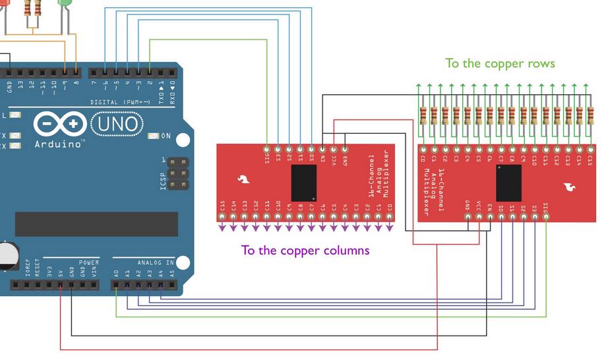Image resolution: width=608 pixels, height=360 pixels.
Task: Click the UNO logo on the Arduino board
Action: [x=117, y=123]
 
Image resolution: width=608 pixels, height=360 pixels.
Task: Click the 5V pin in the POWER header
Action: [x=61, y=285]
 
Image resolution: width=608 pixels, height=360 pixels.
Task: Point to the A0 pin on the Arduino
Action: [x=116, y=285]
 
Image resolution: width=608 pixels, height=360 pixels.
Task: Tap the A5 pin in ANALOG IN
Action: [x=172, y=285]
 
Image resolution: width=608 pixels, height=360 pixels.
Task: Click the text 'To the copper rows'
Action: [x=500, y=63]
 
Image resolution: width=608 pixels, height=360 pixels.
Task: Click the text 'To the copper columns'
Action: [x=305, y=251]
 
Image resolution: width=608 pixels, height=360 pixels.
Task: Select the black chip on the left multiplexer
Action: [x=303, y=183]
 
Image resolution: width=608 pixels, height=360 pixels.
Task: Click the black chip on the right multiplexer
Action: [x=509, y=183]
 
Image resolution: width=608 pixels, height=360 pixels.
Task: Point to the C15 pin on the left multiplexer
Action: [x=222, y=216]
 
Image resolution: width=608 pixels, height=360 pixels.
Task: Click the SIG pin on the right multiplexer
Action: [x=546, y=216]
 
